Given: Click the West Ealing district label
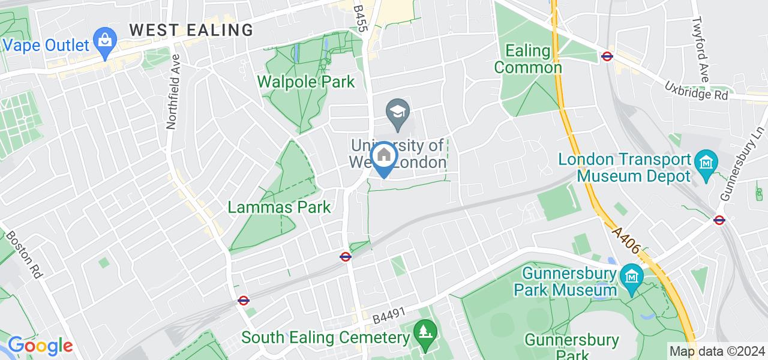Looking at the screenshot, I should (x=191, y=29).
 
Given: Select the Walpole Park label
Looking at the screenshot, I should (x=306, y=81).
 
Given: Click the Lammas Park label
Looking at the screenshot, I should (x=280, y=208).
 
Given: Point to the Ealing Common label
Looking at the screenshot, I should (x=528, y=59).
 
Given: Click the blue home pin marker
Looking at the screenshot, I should (x=383, y=158).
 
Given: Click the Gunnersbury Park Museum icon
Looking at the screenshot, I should (x=632, y=276).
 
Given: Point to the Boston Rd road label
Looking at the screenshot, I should (x=25, y=253).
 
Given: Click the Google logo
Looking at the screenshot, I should (x=40, y=346).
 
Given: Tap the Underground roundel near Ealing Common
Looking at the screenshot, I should (x=607, y=57).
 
